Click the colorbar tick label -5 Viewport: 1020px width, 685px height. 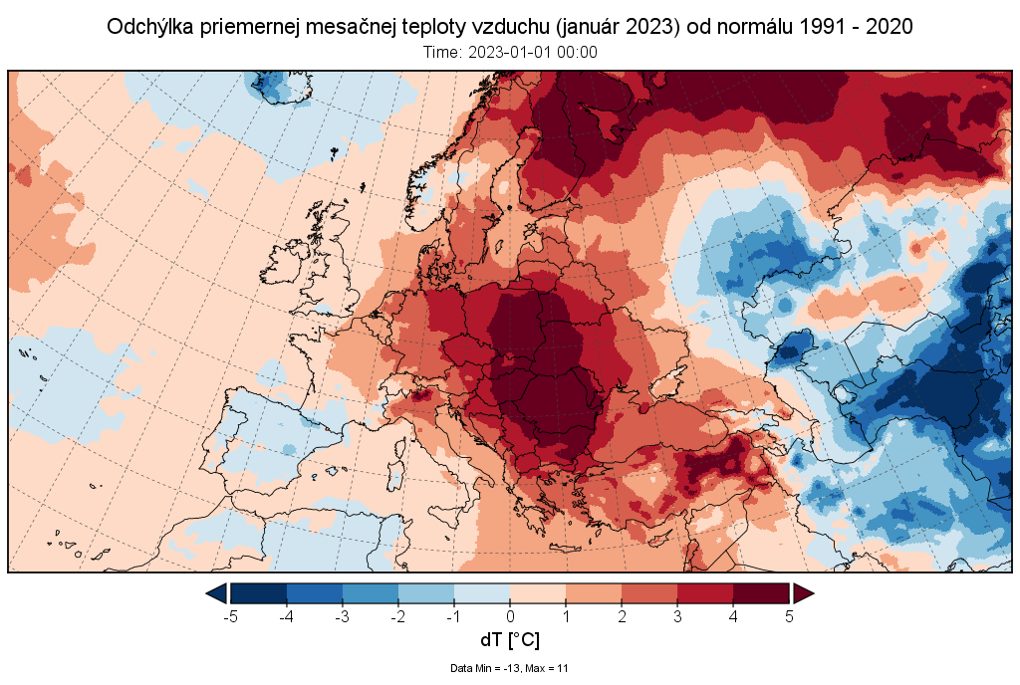coord(230,616)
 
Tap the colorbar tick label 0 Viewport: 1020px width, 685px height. coord(510,616)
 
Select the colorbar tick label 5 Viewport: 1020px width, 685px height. coord(789,616)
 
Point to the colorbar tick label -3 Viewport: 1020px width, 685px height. coord(342,616)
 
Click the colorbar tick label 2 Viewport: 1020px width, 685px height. coord(622,616)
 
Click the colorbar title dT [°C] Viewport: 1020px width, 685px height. coord(510,640)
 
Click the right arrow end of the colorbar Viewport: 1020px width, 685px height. coord(803,593)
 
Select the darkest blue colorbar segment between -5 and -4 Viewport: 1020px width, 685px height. coord(259,593)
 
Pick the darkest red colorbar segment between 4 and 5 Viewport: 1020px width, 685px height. coord(761,593)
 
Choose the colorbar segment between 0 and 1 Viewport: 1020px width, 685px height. coord(538,593)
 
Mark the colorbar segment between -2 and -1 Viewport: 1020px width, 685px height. coord(426,593)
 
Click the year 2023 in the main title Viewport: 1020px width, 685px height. coord(651,28)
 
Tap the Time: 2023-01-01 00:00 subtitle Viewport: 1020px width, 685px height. coord(510,53)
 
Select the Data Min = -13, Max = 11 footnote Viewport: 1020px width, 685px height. coord(510,668)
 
